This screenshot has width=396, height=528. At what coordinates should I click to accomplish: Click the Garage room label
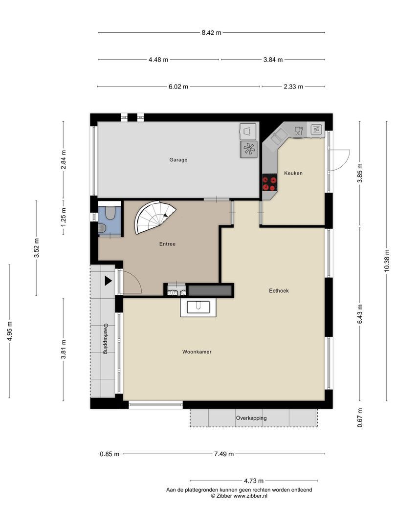coord(178,160)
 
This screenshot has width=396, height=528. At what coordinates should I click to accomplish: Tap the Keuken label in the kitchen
coord(293,173)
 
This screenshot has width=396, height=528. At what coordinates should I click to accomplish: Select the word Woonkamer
coord(197,352)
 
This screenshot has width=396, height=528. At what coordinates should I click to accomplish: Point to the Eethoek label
coord(279,290)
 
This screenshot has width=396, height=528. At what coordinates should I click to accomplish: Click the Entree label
coord(167,244)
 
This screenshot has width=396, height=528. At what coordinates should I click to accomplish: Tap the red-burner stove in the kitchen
coord(269,182)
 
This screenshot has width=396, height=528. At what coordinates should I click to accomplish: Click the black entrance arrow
coord(108,281)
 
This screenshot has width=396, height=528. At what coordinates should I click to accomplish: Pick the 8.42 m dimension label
coord(212,33)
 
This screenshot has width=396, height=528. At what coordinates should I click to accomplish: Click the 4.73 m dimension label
coord(254,481)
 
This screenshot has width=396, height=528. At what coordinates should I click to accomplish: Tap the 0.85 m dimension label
coord(110,454)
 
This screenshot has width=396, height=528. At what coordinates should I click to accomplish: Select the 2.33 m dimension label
coord(293,87)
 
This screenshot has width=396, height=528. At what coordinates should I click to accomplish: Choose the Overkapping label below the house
coord(251,418)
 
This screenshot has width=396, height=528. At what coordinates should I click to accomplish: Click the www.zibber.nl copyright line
coord(239,496)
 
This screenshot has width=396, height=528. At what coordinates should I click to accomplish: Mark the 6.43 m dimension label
coord(360,314)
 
